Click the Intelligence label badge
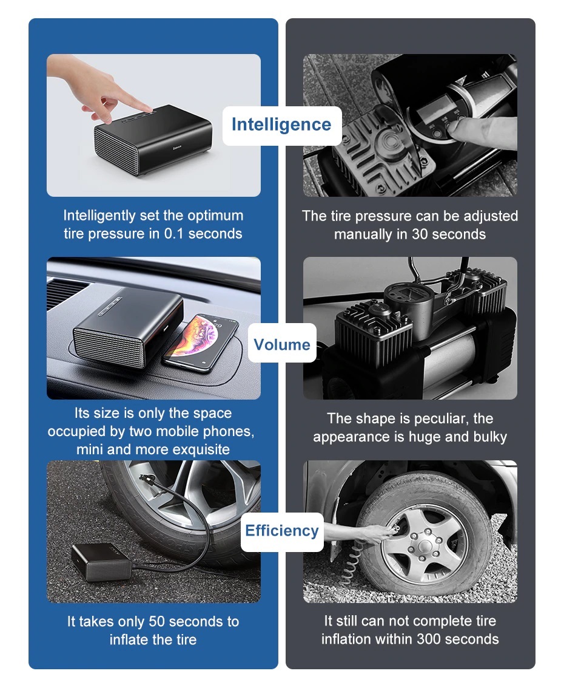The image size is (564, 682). click(x=282, y=125)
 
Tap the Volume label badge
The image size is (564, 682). click(x=282, y=343)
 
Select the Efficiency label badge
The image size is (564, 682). click(x=282, y=531)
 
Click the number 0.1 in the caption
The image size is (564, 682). click(x=173, y=234)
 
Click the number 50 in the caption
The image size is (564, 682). click(x=156, y=621)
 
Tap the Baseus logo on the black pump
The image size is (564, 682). click(x=177, y=149)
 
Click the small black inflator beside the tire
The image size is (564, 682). click(x=101, y=562)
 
